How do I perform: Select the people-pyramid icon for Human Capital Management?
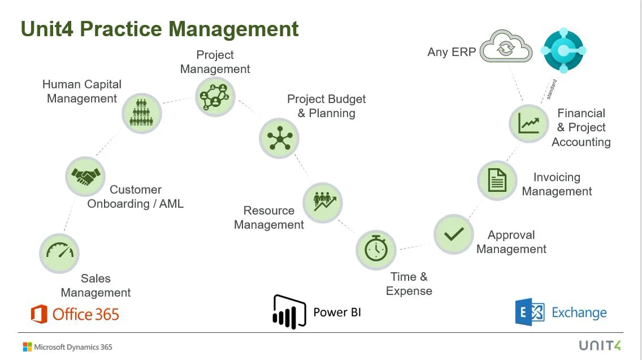[142, 113]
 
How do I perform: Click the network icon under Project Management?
[215, 96]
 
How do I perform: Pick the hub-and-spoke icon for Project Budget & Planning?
[279, 138]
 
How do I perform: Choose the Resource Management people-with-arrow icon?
[323, 202]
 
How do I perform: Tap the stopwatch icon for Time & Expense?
[376, 249]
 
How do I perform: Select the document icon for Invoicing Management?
[497, 181]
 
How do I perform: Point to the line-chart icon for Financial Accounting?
[529, 123]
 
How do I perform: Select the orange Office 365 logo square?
[39, 314]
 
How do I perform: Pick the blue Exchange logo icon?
[530, 313]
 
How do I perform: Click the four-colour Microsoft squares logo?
[27, 346]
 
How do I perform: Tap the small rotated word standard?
[552, 89]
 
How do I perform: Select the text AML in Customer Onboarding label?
[172, 204]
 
